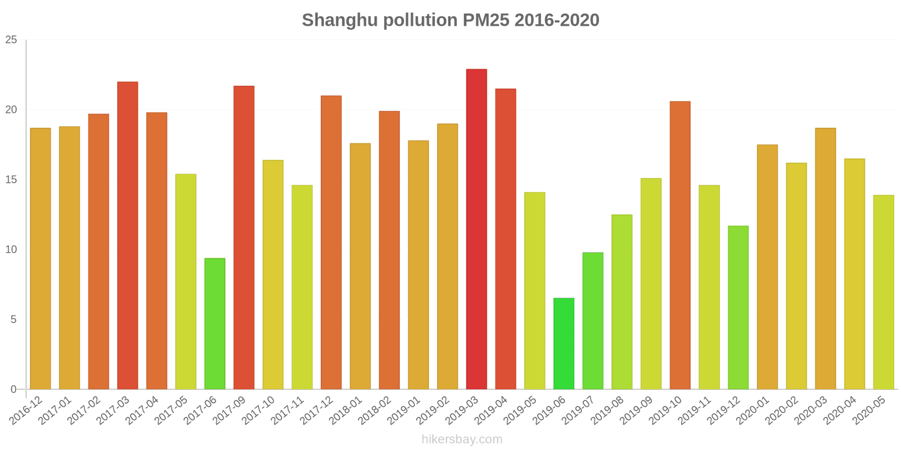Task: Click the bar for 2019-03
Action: pos(476,229)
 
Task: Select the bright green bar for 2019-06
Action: pos(564,344)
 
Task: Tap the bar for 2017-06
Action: pos(215,323)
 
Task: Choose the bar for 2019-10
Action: pos(680,245)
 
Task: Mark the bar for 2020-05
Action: pos(883,292)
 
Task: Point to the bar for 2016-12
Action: pos(41,259)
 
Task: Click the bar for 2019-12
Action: pos(738,308)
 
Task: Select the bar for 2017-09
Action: pos(244,237)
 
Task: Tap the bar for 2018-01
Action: pos(360,266)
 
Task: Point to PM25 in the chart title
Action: pos(485,20)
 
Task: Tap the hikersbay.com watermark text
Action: pos(462,439)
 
